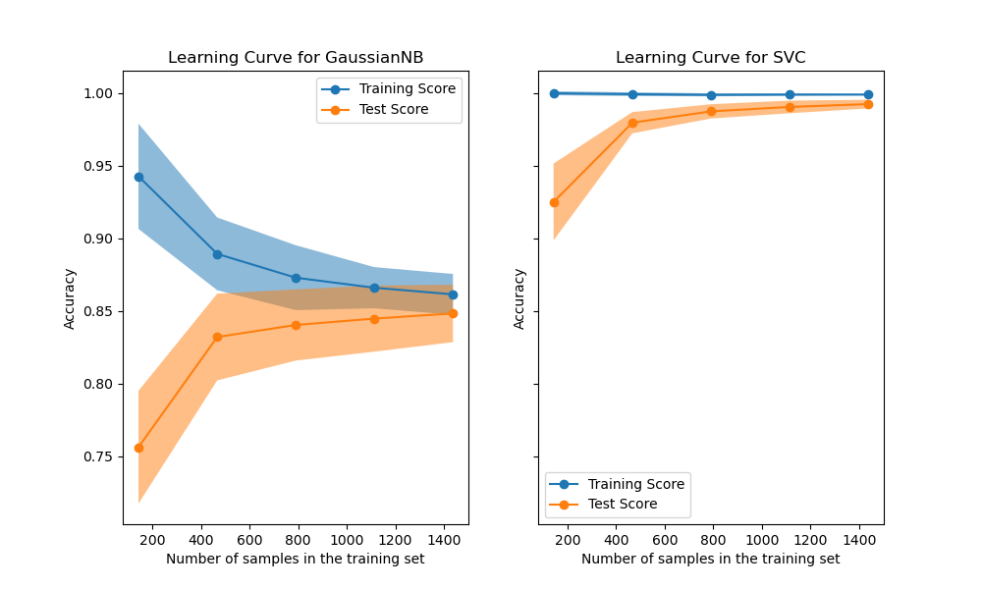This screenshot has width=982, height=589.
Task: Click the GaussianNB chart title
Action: tap(296, 58)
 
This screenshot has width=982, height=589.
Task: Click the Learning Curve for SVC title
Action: tap(710, 58)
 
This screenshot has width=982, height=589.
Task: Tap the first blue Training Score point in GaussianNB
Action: tap(138, 177)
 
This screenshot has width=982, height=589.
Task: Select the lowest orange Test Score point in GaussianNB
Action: tap(138, 448)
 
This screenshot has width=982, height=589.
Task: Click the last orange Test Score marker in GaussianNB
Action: tap(453, 313)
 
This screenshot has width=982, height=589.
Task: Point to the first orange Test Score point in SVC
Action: tap(554, 202)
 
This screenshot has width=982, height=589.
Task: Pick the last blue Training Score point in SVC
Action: tap(868, 95)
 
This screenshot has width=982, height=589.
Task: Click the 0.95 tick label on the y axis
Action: tap(98, 166)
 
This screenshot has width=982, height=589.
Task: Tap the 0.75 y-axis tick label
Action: tap(98, 456)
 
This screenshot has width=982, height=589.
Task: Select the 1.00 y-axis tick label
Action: tap(98, 93)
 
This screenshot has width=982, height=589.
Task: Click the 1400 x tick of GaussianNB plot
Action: tap(443, 539)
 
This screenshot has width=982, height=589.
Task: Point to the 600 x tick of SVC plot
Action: tap(665, 539)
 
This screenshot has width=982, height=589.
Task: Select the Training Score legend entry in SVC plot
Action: tap(622, 484)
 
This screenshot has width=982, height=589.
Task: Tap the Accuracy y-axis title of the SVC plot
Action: tap(520, 298)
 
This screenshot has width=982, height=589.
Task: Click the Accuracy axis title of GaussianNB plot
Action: tap(70, 298)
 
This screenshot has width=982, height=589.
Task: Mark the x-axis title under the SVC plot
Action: tap(710, 559)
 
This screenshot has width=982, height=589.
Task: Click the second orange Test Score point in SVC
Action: tap(632, 123)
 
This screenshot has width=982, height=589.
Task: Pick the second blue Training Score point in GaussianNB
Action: tap(217, 254)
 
